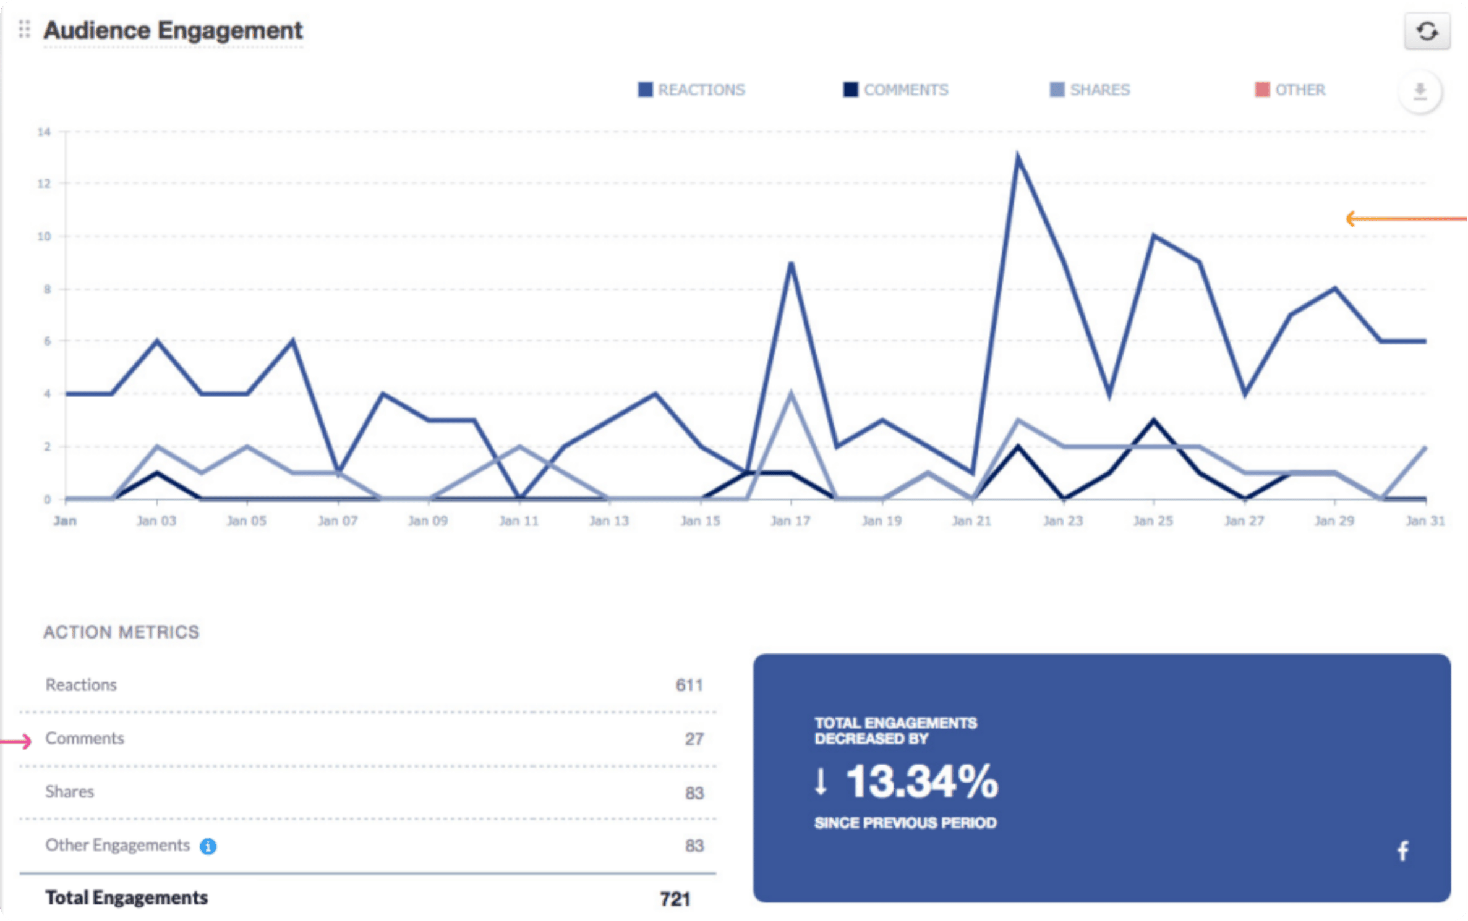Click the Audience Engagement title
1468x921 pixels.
pyautogui.click(x=173, y=31)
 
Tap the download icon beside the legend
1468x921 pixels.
pyautogui.click(x=1420, y=91)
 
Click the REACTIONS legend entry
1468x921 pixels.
pyautogui.click(x=691, y=90)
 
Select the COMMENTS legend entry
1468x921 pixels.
pyautogui.click(x=895, y=90)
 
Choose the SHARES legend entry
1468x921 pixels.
pyautogui.click(x=1090, y=90)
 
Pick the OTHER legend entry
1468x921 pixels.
pyautogui.click(x=1290, y=90)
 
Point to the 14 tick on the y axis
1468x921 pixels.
pyautogui.click(x=44, y=132)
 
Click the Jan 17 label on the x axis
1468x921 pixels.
pyautogui.click(x=790, y=521)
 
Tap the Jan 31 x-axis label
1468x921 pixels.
pyautogui.click(x=1425, y=521)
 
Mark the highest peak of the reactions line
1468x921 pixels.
pyautogui.click(x=1018, y=156)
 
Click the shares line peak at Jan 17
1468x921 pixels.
pyautogui.click(x=791, y=394)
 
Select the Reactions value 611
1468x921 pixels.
pyautogui.click(x=689, y=685)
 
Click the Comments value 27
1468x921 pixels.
pyautogui.click(x=694, y=739)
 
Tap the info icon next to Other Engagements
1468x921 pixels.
pyautogui.click(x=208, y=846)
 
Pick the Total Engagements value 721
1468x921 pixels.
pyautogui.click(x=675, y=899)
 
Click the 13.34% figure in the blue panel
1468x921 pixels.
pyautogui.click(x=921, y=782)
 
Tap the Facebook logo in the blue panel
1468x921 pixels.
pyautogui.click(x=1403, y=851)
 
